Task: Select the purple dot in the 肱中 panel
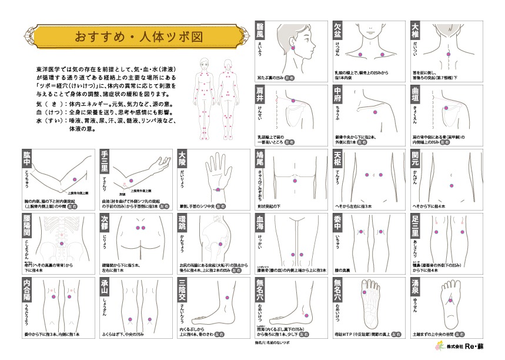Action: pyautogui.click(x=75, y=179)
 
